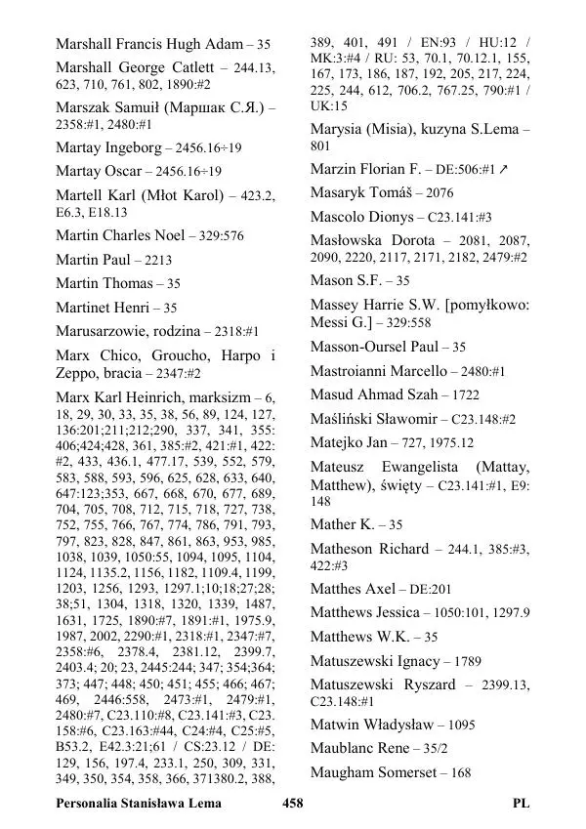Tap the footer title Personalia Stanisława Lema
139,804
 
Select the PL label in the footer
521,804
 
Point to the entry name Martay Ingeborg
108,147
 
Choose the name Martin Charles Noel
118,235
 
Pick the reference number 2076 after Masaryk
439,193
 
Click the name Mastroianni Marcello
377,371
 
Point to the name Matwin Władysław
372,725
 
